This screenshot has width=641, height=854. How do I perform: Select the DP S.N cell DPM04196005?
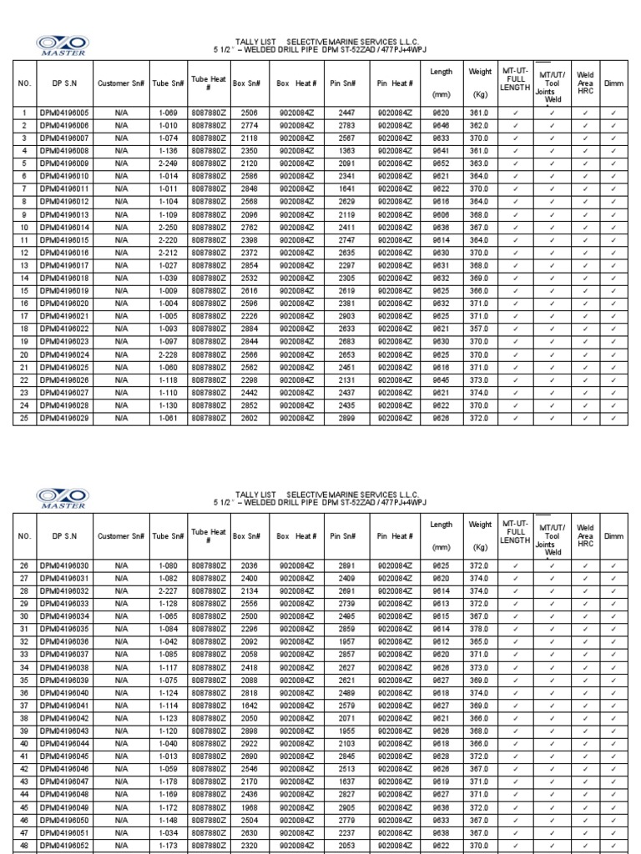tap(64, 113)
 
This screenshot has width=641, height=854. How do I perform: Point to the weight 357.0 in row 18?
tap(480, 329)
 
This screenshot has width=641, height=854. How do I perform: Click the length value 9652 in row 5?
tap(441, 163)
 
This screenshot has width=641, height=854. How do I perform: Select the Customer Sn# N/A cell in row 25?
tap(122, 418)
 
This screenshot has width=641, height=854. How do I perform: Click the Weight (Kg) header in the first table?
tap(480, 83)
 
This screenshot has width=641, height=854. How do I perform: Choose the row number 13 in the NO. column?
tap(25, 265)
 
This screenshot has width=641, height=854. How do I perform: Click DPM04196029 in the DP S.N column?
tap(64, 418)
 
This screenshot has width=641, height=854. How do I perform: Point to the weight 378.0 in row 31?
tap(480, 629)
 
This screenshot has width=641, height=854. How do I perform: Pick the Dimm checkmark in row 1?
tap(613, 113)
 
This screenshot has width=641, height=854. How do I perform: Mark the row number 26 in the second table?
tap(25, 565)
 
